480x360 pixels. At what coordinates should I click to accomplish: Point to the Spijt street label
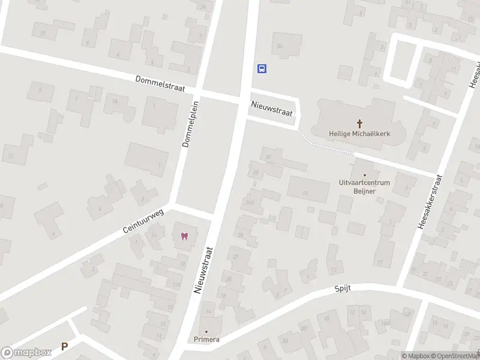[342, 289]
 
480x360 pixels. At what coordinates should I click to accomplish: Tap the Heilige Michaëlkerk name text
[360, 134]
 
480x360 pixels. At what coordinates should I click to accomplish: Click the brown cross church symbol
[361, 124]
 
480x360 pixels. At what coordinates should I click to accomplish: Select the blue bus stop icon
[262, 68]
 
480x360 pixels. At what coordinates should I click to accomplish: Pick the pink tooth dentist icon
[184, 235]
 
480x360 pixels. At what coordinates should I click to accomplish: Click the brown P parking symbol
[64, 346]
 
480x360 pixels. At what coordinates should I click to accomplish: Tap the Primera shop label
[206, 340]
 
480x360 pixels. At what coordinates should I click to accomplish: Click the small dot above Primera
[206, 332]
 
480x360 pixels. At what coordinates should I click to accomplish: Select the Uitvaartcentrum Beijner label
[365, 186]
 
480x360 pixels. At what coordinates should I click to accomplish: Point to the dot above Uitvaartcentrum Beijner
[365, 175]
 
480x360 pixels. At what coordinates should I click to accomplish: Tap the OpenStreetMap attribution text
[455, 356]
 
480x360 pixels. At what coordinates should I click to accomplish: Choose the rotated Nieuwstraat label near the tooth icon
[204, 271]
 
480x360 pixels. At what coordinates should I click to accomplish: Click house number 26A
[250, 202]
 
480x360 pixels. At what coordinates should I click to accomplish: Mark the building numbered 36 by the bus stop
[278, 46]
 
